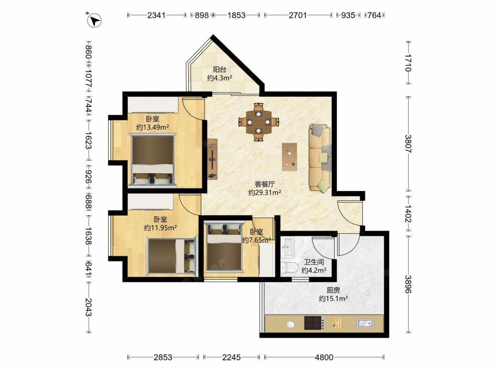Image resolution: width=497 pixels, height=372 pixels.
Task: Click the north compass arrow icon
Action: pos(94,20)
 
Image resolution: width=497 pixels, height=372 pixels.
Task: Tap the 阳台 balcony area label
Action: pos(219,69)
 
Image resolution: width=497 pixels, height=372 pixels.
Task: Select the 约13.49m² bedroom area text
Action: pos(153,127)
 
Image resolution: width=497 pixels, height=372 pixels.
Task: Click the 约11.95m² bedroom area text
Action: pos(161,228)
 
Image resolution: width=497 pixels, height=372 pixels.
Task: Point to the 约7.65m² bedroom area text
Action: pos(256,240)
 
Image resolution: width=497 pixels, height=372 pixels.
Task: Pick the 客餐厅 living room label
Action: pos(265,184)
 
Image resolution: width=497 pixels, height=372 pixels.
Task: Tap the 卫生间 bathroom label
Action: pos(314,262)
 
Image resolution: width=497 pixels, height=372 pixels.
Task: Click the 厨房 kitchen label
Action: pos(333,290)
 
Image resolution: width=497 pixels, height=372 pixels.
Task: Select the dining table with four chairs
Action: pos(258,122)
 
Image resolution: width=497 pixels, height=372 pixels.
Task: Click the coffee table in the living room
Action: pos(289,157)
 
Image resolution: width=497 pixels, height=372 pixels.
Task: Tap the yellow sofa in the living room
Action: pos(320,158)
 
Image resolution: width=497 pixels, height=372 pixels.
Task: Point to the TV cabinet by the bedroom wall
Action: pos(213,159)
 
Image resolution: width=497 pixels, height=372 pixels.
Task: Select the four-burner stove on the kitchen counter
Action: pos(314,323)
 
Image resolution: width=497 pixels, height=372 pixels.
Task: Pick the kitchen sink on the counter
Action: pos(365,323)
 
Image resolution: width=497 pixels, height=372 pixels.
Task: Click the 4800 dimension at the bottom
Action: pos(324,358)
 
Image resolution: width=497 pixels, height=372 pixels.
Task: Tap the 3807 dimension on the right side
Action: pos(408,144)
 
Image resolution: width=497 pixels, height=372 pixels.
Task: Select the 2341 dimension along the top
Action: pos(156,15)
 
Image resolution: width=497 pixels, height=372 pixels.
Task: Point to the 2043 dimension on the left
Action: pos(88,307)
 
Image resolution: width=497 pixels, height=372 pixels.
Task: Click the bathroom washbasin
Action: pos(288,246)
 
